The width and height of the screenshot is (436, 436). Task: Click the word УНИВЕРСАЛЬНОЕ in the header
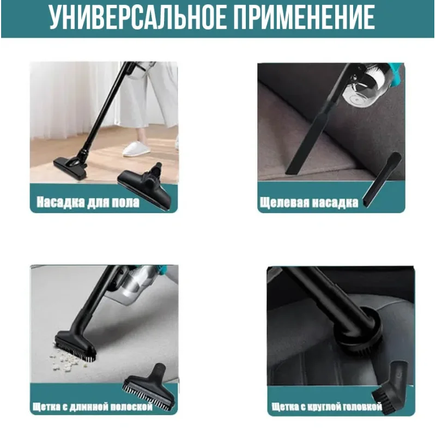coord(138,17)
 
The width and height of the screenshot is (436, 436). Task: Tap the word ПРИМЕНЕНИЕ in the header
coord(304,17)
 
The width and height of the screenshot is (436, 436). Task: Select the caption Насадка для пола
coord(88,202)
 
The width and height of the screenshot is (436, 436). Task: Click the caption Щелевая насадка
coord(309,202)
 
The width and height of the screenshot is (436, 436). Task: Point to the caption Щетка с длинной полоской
coord(93,407)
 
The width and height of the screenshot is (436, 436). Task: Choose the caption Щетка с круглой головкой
coord(326,407)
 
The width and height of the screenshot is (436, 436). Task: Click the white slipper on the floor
coord(136,149)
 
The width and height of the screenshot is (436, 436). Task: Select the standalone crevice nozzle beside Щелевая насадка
coord(382,179)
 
